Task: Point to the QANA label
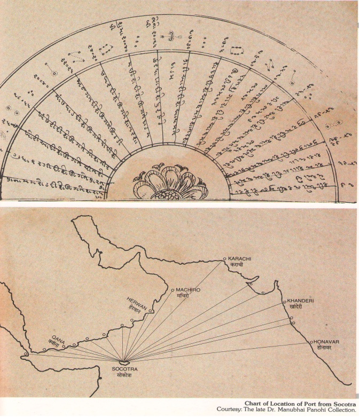tap(51, 336)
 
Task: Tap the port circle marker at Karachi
tap(225, 259)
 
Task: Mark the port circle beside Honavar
tap(311, 342)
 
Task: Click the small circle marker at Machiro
tap(173, 290)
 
